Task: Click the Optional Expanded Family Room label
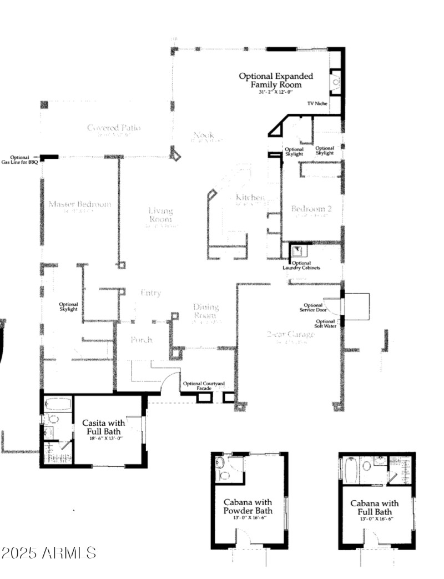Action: pyautogui.click(x=276, y=81)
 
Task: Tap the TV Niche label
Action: pyautogui.click(x=317, y=104)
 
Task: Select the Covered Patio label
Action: pyautogui.click(x=114, y=129)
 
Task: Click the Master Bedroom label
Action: pyautogui.click(x=79, y=205)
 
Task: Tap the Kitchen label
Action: pyautogui.click(x=250, y=199)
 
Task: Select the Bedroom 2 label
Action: pyautogui.click(x=311, y=210)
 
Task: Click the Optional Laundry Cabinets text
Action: pyautogui.click(x=301, y=265)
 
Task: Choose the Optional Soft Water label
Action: pyautogui.click(x=325, y=324)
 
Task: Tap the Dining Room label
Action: pyautogui.click(x=206, y=311)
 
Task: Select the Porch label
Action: pyautogui.click(x=141, y=340)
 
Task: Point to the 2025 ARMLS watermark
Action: pyautogui.click(x=49, y=553)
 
